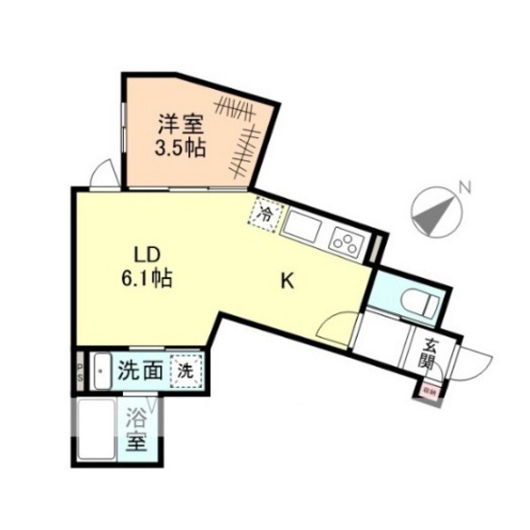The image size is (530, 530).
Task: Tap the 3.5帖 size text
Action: click(x=181, y=148)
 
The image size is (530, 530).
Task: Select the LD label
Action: click(x=147, y=255)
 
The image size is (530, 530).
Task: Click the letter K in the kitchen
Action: click(x=288, y=281)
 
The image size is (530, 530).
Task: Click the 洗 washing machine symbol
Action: click(x=186, y=371)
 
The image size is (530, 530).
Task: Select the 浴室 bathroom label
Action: click(x=138, y=430)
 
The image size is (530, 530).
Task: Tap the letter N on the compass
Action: click(x=464, y=186)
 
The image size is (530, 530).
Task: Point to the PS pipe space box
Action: click(x=81, y=369)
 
